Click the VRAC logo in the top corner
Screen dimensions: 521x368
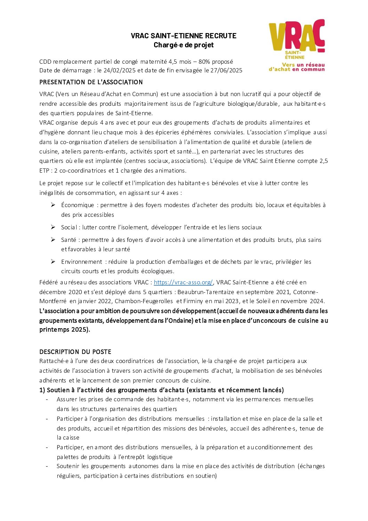[x=297, y=45]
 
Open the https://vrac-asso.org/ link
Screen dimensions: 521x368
[x=183, y=282]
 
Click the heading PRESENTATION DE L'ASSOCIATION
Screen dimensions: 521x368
[x=91, y=82]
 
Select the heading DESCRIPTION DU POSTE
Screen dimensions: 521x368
[x=75, y=352]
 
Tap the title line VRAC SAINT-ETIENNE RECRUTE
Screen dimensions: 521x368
[x=184, y=36]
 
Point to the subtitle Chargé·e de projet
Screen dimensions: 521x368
[x=184, y=45]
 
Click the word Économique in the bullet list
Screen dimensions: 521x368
[x=78, y=205]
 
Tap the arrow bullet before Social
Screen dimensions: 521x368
[x=53, y=227]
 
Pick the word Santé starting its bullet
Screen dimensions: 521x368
[x=69, y=240]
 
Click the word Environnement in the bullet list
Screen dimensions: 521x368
[x=82, y=262]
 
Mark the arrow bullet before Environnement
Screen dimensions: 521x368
[x=53, y=261]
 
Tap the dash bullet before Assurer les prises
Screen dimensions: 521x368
[x=47, y=399]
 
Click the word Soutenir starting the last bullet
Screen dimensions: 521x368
[x=69, y=466]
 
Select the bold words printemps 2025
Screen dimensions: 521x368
[x=64, y=330]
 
